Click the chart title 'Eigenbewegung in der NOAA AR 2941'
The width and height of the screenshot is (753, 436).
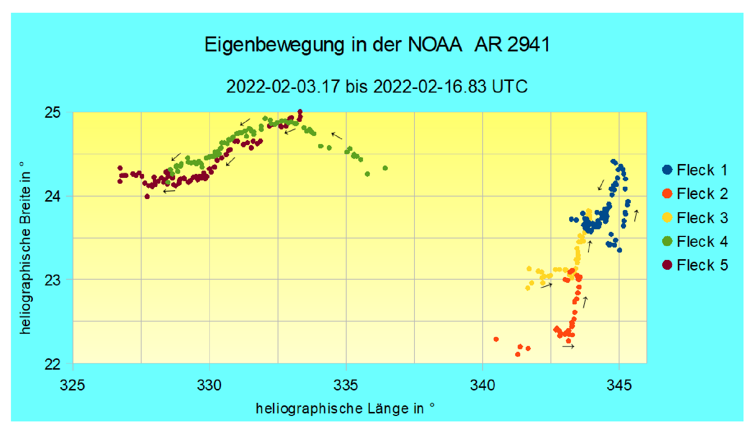coord(377,45)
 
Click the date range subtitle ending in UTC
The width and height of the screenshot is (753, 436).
coord(377,87)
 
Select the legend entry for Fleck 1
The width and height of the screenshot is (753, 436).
coord(695,170)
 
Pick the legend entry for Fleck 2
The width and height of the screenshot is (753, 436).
coord(695,194)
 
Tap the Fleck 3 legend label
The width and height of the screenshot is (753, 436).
coord(695,218)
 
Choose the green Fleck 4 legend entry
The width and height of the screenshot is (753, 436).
coord(695,242)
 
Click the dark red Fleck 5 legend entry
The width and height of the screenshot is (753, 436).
coord(695,265)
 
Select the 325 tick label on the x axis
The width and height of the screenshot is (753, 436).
coord(73,385)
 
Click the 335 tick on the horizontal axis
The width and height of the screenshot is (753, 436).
coord(346,385)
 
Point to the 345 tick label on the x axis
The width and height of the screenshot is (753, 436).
coord(619,385)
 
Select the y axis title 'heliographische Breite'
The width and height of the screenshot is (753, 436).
coord(25,248)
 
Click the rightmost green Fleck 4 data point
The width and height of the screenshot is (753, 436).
coord(385,168)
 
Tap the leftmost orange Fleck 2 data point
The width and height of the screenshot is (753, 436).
coord(496,339)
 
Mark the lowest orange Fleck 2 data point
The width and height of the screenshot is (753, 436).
coord(518,354)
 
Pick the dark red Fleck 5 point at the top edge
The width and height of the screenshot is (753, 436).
coord(300,112)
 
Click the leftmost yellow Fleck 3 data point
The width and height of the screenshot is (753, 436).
coord(528,288)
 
